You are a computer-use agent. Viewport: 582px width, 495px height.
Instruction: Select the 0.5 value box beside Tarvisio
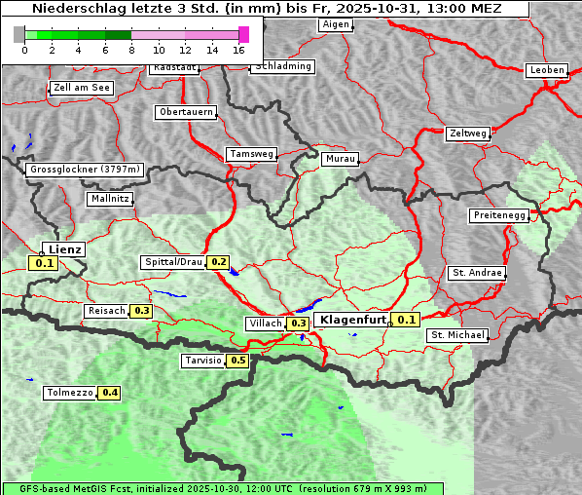[x=238, y=361]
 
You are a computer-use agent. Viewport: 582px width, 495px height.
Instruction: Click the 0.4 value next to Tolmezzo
[x=110, y=393]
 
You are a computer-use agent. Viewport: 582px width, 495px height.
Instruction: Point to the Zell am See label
[x=81, y=88]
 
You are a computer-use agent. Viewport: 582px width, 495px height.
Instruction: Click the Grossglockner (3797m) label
[x=85, y=170]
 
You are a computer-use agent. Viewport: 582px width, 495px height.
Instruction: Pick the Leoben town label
[x=546, y=70]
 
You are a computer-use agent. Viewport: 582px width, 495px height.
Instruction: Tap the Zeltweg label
[x=468, y=133]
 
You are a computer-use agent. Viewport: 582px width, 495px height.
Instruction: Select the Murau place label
[x=341, y=158]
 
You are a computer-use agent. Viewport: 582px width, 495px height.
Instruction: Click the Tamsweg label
[x=252, y=154]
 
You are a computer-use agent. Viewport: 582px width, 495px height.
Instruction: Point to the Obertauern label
[x=185, y=112]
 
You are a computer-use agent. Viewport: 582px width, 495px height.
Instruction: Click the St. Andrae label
[x=477, y=273]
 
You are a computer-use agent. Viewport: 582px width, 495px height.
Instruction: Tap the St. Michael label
[x=457, y=335]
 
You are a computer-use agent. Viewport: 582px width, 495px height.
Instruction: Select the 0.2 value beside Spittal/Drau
[x=218, y=262]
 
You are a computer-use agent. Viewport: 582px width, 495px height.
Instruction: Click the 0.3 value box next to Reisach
[x=141, y=311]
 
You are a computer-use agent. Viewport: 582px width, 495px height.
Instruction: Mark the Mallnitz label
[x=109, y=199]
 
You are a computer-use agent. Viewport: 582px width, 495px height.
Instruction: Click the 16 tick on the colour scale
[x=239, y=50]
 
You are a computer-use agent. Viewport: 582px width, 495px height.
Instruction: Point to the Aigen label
[x=335, y=23]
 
